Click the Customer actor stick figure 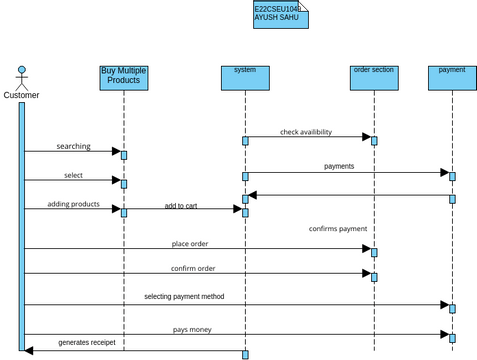click(21, 77)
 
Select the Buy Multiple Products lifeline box click(124, 77)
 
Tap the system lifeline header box click(245, 77)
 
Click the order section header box click(374, 77)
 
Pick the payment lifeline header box click(452, 77)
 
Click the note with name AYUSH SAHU click(280, 13)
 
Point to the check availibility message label click(306, 132)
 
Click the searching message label click(73, 146)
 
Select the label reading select click(73, 175)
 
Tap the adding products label click(73, 204)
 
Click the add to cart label click(181, 206)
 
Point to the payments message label click(339, 166)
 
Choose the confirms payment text click(337, 229)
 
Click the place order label click(189, 243)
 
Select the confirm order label click(193, 268)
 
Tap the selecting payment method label click(184, 296)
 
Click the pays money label click(192, 329)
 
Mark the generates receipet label click(86, 342)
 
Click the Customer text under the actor click(21, 96)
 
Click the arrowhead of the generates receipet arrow click(29, 350)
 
